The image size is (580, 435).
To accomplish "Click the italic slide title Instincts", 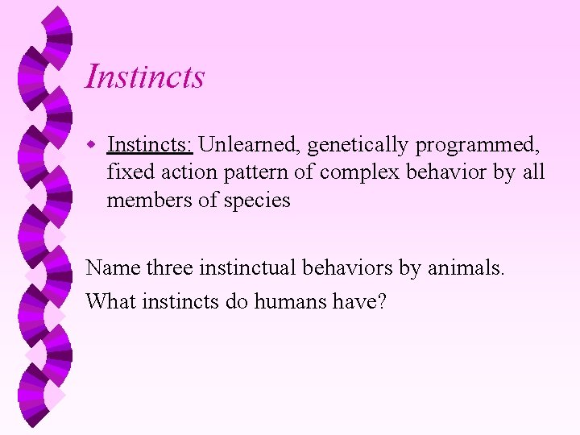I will point(145,77).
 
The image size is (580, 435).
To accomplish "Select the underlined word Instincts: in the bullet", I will point(150,145).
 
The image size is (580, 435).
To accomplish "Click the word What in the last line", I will point(111,301).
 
